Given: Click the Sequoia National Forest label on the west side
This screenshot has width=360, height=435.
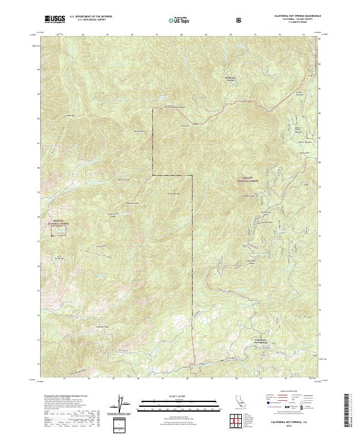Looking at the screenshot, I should pyautogui.click(x=58, y=223).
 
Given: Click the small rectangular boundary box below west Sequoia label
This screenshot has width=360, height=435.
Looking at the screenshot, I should pyautogui.click(x=58, y=232).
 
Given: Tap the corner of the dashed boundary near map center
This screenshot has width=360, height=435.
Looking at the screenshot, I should pyautogui.click(x=192, y=176).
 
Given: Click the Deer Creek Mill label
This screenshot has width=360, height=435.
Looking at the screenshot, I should pyautogui.click(x=265, y=213).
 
